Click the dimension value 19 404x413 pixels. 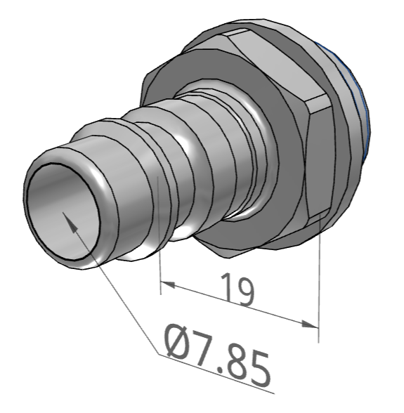(237, 289)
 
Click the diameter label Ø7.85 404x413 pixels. (217, 355)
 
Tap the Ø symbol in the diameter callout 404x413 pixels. (178, 341)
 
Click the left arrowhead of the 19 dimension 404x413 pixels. (168, 284)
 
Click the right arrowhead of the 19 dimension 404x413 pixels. (310, 324)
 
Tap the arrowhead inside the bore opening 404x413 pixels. (70, 222)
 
